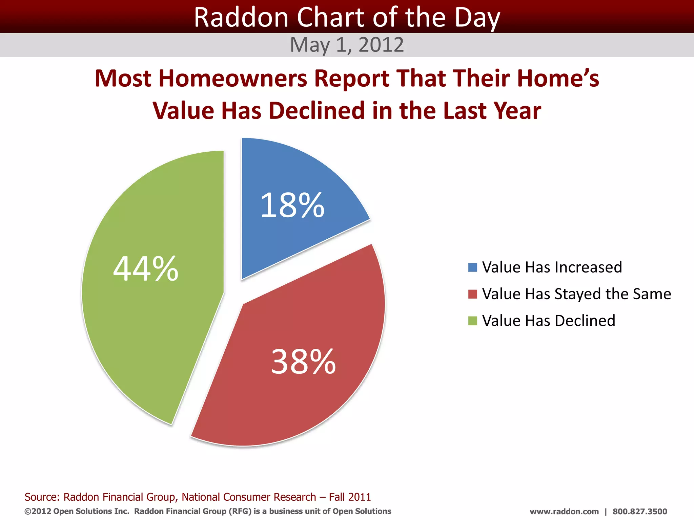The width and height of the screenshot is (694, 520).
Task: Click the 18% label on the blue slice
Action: click(292, 205)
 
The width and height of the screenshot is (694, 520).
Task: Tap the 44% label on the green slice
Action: click(146, 269)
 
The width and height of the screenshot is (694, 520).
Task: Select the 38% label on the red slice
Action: click(303, 362)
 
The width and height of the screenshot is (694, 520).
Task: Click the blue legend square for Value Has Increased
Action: click(472, 267)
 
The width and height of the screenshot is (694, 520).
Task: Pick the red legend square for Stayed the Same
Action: click(472, 294)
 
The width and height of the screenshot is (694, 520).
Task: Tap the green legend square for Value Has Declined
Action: click(472, 321)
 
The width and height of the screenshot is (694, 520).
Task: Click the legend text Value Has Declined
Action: click(548, 321)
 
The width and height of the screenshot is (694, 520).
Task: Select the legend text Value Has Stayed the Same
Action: click(576, 294)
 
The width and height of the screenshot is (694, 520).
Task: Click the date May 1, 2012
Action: click(347, 45)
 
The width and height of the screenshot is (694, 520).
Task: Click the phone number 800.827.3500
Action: click(639, 512)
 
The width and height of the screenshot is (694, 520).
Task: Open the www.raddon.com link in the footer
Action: click(564, 512)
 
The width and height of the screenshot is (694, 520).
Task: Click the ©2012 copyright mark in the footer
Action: click(38, 511)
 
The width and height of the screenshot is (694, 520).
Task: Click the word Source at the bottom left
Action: click(42, 497)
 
